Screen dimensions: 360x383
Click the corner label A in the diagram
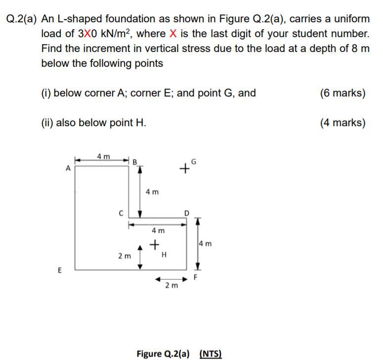point(68,168)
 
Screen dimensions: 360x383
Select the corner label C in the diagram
point(120,214)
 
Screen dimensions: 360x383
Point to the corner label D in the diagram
point(186,213)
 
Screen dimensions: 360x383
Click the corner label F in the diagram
point(195,277)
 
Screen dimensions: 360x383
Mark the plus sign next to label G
point(184,169)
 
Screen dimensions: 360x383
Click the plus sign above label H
point(155,244)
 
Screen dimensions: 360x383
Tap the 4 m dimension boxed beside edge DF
point(205,243)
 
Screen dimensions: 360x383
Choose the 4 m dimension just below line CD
point(158,230)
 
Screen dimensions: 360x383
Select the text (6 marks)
point(342,93)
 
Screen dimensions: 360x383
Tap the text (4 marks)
point(342,123)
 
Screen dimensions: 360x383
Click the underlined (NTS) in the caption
point(211,354)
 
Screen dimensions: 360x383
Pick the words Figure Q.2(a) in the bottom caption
point(163,354)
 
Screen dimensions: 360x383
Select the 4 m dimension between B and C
point(152,191)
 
